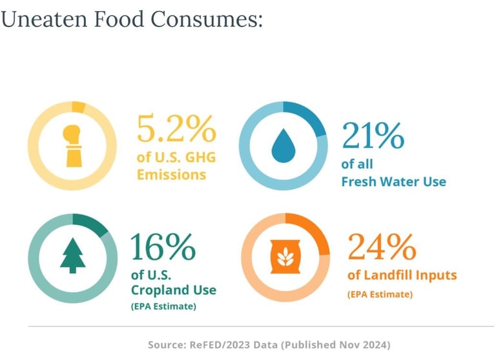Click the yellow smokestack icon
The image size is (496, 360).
coord(72,145)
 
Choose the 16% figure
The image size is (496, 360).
coord(163,246)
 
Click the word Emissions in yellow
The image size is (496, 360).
coord(171,175)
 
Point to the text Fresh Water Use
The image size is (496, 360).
coord(393,182)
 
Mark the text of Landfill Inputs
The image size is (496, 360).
coord(402,275)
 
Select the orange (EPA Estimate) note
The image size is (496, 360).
coord(380,294)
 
